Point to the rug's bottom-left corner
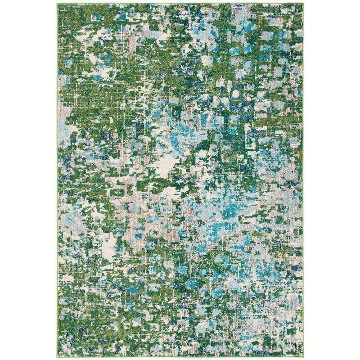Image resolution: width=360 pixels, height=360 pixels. [57, 357]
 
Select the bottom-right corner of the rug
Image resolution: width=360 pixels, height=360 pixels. [303, 357]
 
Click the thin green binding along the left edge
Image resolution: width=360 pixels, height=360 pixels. [57, 180]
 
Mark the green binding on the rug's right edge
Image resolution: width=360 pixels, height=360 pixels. [303, 180]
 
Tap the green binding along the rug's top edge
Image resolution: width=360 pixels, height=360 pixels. [180, 4]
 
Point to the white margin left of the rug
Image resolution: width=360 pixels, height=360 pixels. [27, 180]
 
